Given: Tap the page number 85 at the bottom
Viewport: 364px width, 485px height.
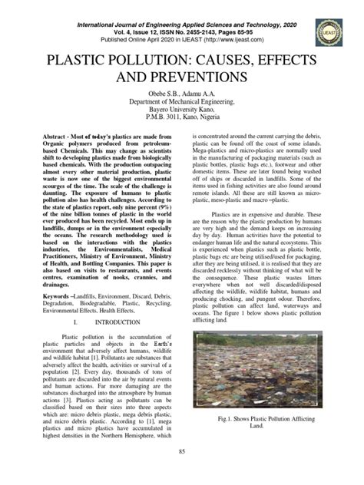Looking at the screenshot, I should [181, 470].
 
